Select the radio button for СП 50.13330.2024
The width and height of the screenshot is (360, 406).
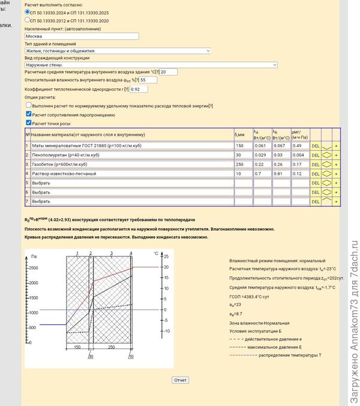pyautogui.click(x=28, y=11)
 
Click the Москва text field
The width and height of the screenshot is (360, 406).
pyautogui.click(x=82, y=36)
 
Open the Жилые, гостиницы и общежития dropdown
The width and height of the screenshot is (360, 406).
pyautogui.click(x=118, y=51)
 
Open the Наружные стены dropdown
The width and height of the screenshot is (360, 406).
pyautogui.click(x=151, y=65)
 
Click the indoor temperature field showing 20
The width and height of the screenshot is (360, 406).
pyautogui.click(x=169, y=72)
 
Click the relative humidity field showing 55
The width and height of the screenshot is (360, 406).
pyautogui.click(x=148, y=80)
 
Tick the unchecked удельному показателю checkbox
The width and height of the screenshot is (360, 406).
pyautogui.click(x=28, y=105)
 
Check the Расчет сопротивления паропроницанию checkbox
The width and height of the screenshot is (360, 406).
pyautogui.click(x=28, y=114)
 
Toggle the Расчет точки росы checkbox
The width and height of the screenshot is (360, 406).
pyautogui.click(x=28, y=123)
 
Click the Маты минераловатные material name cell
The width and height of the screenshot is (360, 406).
pyautogui.click(x=131, y=145)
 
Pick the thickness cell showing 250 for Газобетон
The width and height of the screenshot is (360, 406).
pyautogui.click(x=242, y=164)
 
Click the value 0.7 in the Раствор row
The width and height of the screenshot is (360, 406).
pyautogui.click(x=261, y=173)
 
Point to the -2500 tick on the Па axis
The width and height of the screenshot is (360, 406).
pyautogui.click(x=33, y=268)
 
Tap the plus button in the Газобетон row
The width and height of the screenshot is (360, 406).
pyautogui.click(x=336, y=164)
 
